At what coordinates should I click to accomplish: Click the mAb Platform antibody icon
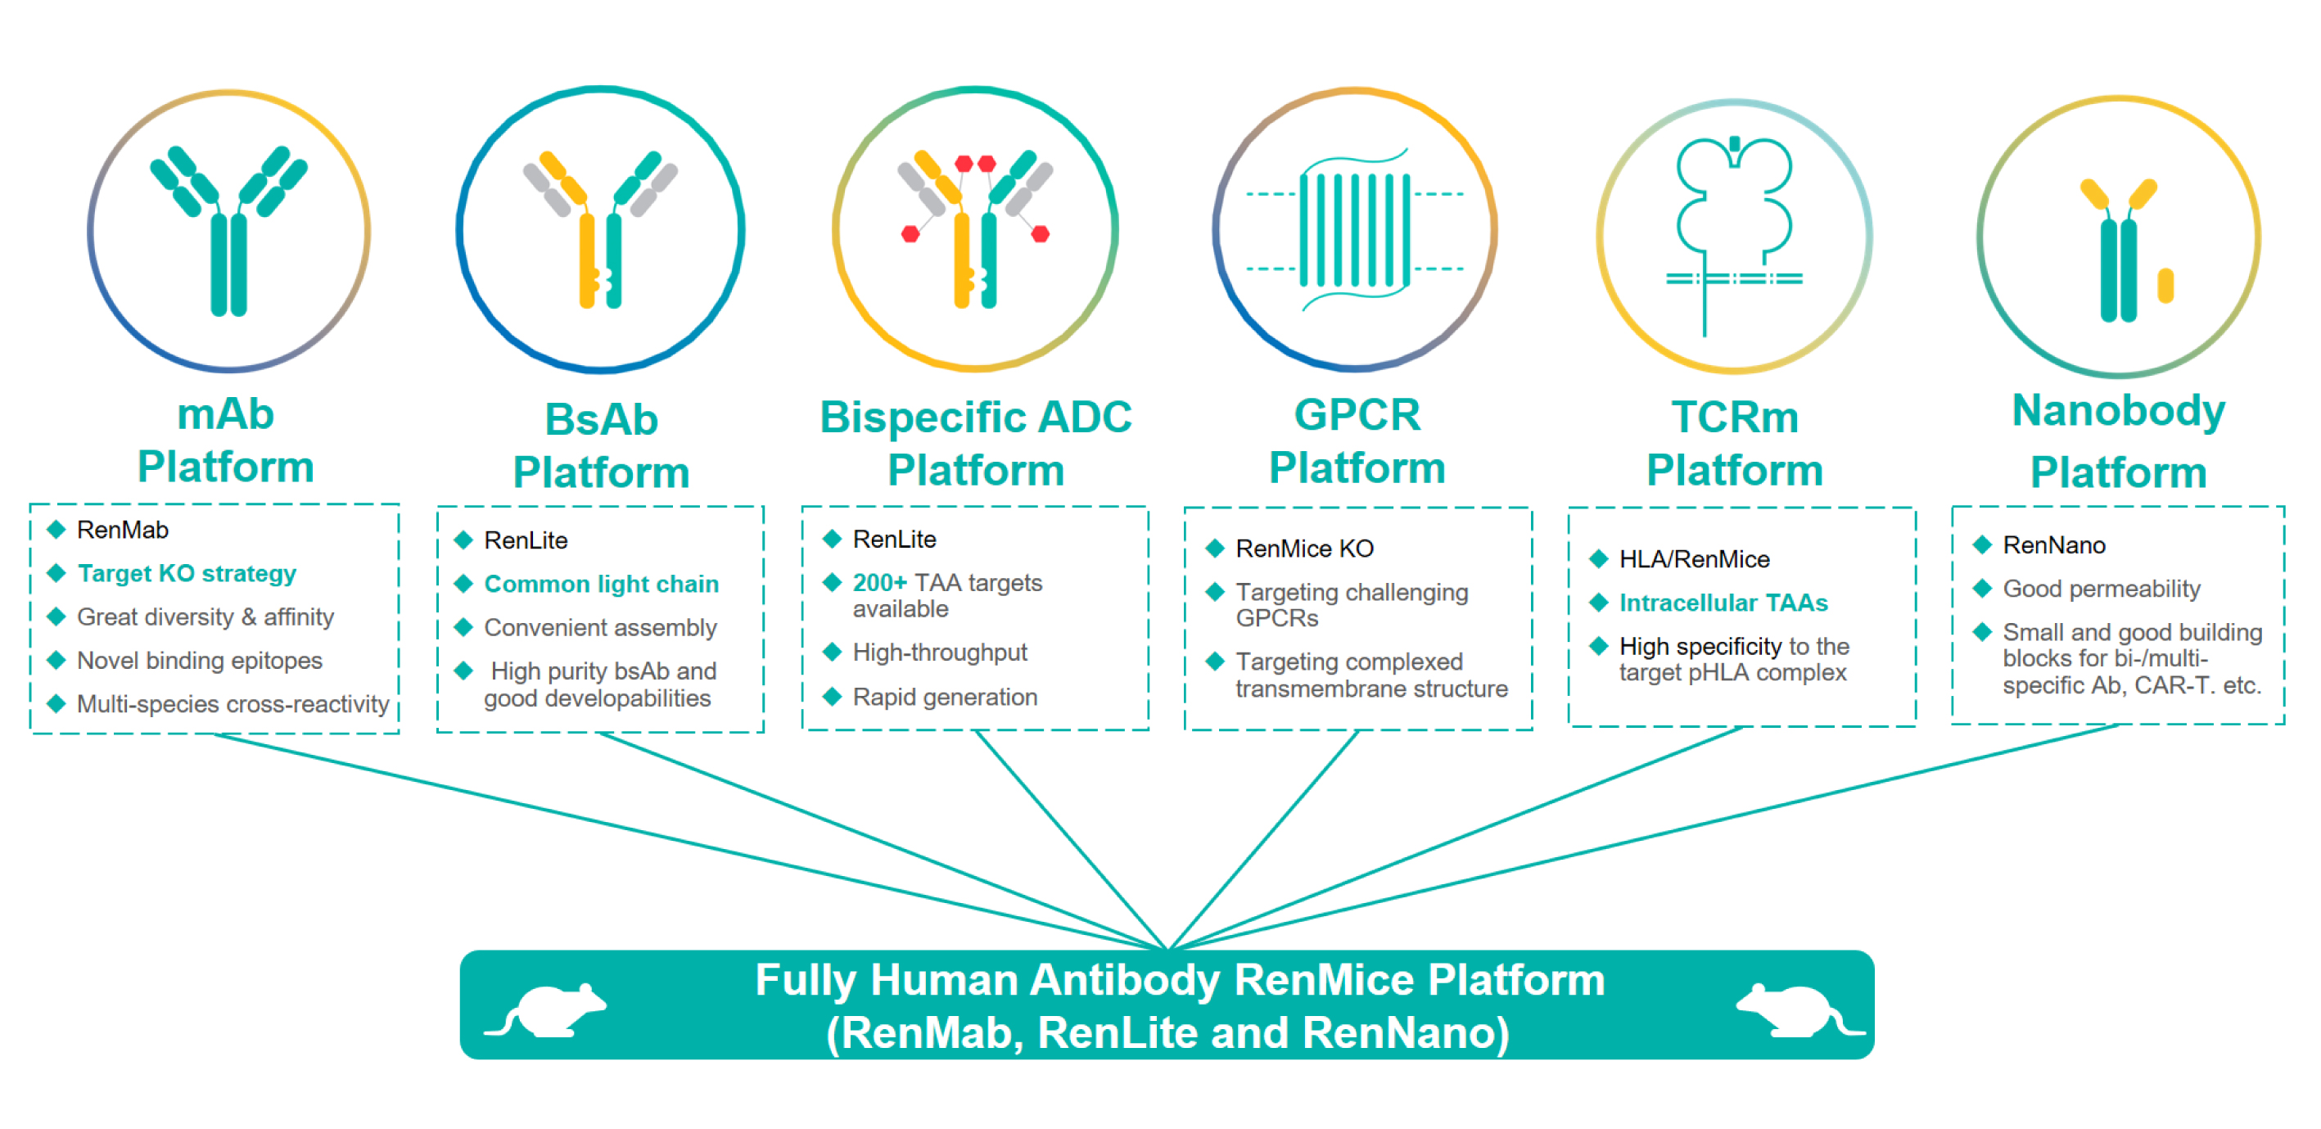coord(229,231)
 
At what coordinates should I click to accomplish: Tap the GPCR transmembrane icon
coord(1355,231)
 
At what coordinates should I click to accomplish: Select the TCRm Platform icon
coord(1733,236)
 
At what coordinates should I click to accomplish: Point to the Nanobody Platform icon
coord(2126,251)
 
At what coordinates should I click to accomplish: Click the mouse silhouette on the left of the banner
coord(548,1009)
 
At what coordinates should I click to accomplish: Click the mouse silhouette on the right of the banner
coord(1799,1009)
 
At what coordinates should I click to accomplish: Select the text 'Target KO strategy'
coord(187,573)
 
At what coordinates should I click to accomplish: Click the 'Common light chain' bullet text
coord(601,584)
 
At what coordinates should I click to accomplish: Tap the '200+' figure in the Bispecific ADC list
coord(879,583)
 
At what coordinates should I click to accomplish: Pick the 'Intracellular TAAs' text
coord(1723,603)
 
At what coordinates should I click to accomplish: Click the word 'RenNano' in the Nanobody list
coord(2053,545)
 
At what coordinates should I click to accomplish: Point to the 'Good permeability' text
coord(2101,589)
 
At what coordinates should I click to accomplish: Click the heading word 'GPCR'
coord(1357,415)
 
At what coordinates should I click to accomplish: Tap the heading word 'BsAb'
coord(601,420)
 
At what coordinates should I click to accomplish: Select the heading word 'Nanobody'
coord(2118,411)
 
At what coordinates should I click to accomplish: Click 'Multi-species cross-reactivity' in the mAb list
coord(233,704)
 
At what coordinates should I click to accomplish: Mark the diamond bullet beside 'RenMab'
coord(56,530)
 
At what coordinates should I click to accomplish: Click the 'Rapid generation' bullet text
coord(944,698)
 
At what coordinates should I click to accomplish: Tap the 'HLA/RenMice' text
coord(1694,559)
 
